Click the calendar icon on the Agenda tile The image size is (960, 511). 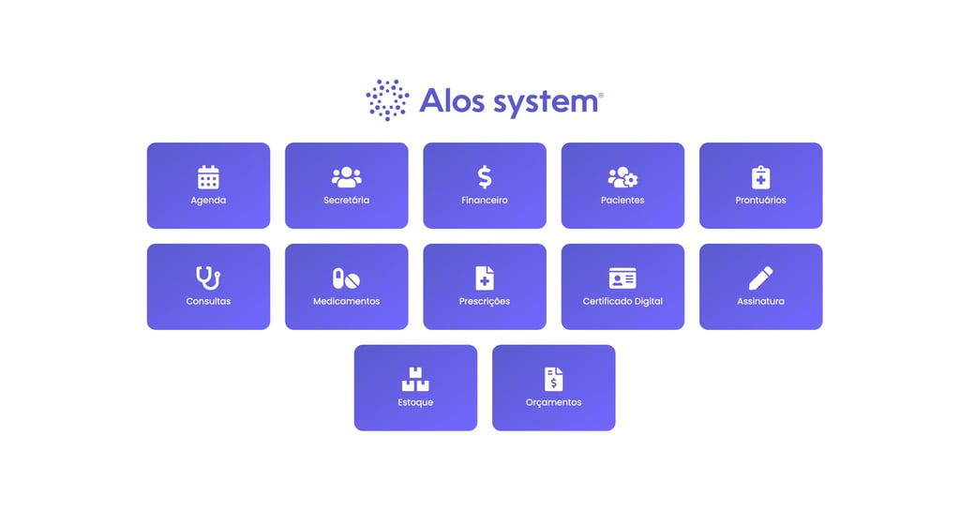tap(208, 176)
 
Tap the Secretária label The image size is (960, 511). tap(346, 201)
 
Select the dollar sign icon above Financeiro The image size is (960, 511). tap(485, 176)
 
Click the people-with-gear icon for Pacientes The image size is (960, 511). tap(622, 176)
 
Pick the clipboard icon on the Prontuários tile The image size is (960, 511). tap(760, 176)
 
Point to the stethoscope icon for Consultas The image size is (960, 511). tap(208, 278)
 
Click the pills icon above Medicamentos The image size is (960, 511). tap(346, 278)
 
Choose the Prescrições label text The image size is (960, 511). tap(485, 302)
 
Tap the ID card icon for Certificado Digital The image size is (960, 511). tap(622, 278)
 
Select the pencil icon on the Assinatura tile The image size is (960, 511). tap(760, 278)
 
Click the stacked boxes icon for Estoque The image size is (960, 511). tap(415, 379)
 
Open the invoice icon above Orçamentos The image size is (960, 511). tap(553, 379)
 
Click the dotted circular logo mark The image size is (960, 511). tap(387, 100)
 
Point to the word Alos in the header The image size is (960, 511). tap(449, 100)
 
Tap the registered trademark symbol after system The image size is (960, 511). tap(601, 95)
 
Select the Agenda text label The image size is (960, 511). tap(208, 201)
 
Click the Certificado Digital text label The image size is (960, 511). tap(622, 302)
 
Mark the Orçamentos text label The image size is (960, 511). tap(553, 403)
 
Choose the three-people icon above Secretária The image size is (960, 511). tap(346, 176)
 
